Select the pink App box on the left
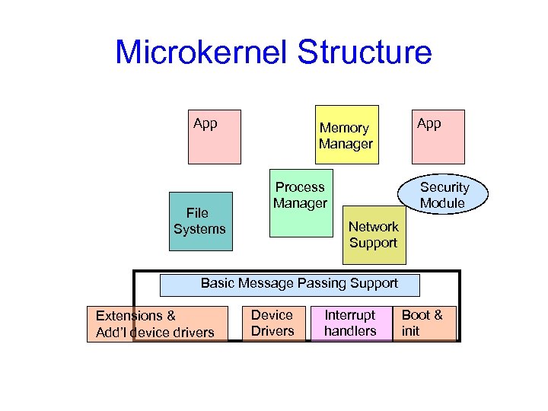click(215, 135)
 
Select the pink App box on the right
click(438, 135)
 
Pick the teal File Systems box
click(199, 221)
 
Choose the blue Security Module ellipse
click(444, 195)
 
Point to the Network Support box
click(373, 235)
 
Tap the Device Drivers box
click(272, 323)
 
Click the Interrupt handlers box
click(350, 323)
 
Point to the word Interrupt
click(350, 315)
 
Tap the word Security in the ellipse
click(445, 187)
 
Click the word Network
click(373, 227)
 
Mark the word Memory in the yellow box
click(344, 129)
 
